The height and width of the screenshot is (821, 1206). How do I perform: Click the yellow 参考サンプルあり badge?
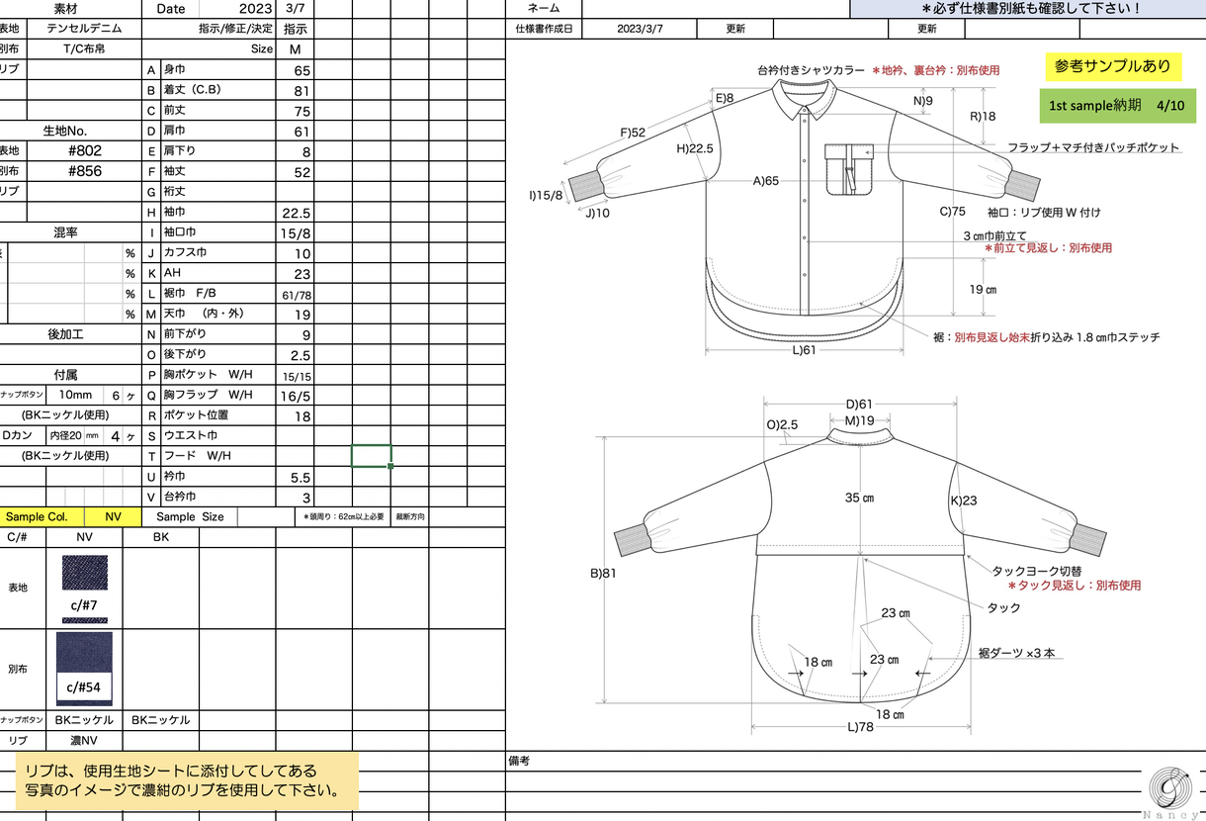1113,66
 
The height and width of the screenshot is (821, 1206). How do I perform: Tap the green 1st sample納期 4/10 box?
1117,106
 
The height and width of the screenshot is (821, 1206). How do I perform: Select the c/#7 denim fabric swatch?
85,573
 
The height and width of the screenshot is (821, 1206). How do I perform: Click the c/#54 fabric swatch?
84,669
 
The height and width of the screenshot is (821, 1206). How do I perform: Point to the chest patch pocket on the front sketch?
849,170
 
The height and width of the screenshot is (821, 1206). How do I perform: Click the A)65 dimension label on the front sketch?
765,181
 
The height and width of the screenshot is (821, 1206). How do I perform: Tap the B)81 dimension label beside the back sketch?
603,573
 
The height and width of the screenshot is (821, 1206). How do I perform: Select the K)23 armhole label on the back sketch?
964,501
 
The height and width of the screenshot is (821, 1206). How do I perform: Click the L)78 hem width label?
860,727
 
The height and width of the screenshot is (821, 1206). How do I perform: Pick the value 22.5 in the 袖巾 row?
297,214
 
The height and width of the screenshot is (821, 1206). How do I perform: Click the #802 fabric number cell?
85,150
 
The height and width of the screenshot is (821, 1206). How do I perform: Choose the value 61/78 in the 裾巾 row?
297,295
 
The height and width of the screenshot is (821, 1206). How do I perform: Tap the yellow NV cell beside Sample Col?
113,516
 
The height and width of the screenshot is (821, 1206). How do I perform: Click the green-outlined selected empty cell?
371,456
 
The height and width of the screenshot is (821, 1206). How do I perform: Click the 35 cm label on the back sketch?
859,498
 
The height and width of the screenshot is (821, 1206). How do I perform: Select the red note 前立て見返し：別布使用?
1048,248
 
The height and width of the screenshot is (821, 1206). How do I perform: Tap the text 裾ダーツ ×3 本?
1016,654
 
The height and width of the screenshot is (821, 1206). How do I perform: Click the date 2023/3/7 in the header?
640,29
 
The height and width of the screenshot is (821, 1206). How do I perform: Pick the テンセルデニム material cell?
84,29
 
